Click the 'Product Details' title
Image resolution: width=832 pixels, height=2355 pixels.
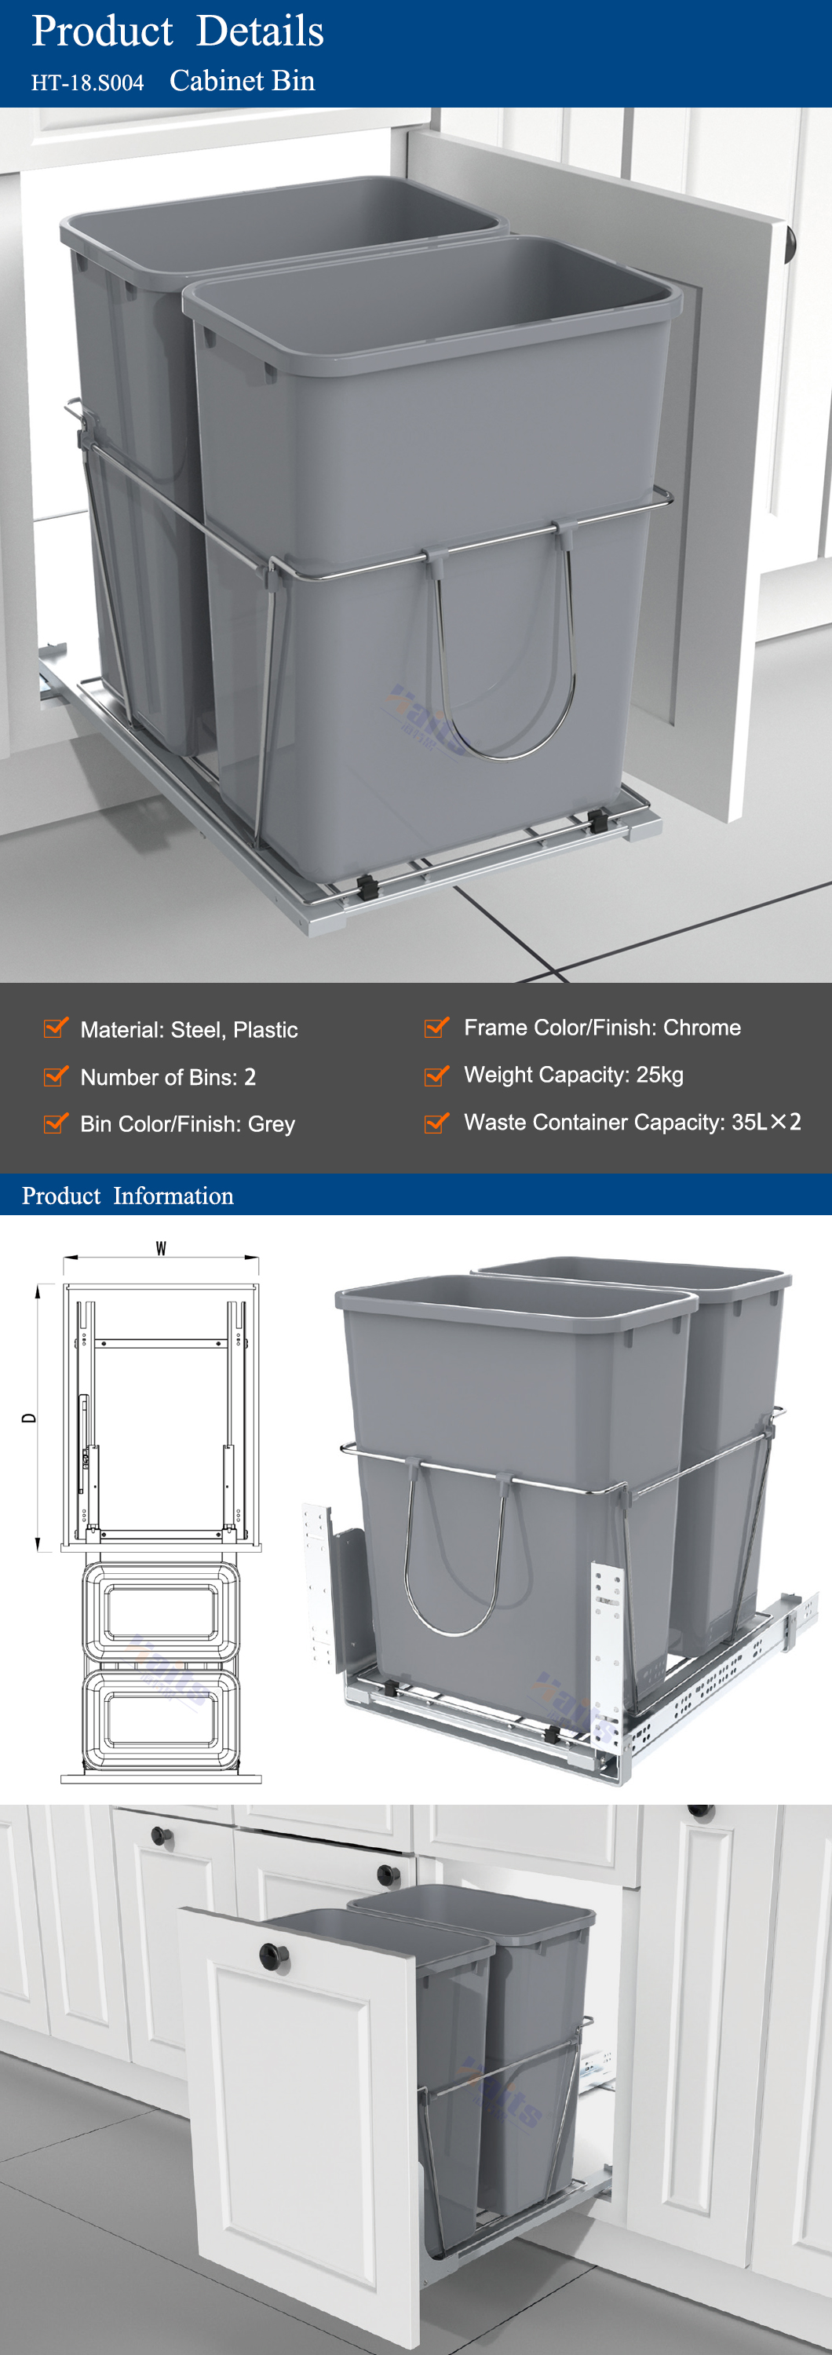(x=177, y=31)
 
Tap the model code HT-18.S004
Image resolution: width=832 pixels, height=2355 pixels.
(x=88, y=82)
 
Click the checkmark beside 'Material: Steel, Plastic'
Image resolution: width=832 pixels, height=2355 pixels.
(x=56, y=1028)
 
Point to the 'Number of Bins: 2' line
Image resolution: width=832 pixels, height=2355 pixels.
(x=168, y=1077)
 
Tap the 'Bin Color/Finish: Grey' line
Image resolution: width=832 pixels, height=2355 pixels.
(x=188, y=1123)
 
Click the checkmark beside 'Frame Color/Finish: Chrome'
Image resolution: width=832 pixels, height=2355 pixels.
(x=437, y=1027)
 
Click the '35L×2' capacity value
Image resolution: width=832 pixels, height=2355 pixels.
(x=766, y=1122)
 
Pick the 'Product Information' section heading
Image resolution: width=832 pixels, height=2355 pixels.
(x=128, y=1196)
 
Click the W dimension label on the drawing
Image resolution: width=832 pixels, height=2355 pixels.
(x=161, y=1249)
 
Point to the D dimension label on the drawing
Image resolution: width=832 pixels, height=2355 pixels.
(x=29, y=1418)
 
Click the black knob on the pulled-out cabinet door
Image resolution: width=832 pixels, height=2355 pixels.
(x=273, y=1956)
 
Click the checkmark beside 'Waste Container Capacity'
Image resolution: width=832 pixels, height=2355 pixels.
(x=437, y=1122)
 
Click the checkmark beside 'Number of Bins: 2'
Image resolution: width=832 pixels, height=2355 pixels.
(x=56, y=1076)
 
